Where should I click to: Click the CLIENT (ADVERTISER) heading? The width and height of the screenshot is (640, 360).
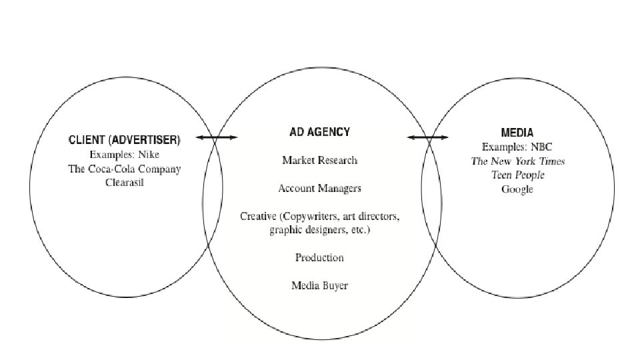[x=124, y=141]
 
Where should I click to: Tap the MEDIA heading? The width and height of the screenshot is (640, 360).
[x=517, y=133]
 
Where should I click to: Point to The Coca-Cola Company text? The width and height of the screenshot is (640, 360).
[x=124, y=169]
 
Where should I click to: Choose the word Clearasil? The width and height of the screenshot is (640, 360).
[x=124, y=183]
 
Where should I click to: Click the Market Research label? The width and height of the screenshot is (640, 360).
[x=319, y=160]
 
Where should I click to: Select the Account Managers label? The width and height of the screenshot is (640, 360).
[x=319, y=189]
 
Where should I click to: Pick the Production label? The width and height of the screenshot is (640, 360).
[x=319, y=257]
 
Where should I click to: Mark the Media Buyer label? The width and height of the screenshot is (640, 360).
[x=319, y=286]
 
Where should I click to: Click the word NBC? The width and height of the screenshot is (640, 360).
[x=542, y=147]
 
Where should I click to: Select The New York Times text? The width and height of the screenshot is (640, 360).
[x=517, y=161]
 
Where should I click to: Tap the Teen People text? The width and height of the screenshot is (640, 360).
[x=517, y=175]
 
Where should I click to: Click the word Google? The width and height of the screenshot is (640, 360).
[x=517, y=189]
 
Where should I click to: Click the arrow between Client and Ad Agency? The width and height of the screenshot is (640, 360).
[x=217, y=138]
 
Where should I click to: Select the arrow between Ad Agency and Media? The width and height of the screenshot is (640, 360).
[x=428, y=138]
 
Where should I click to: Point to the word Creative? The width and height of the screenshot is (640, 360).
[x=258, y=217]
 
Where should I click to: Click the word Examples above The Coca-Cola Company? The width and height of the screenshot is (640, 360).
[x=111, y=155]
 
